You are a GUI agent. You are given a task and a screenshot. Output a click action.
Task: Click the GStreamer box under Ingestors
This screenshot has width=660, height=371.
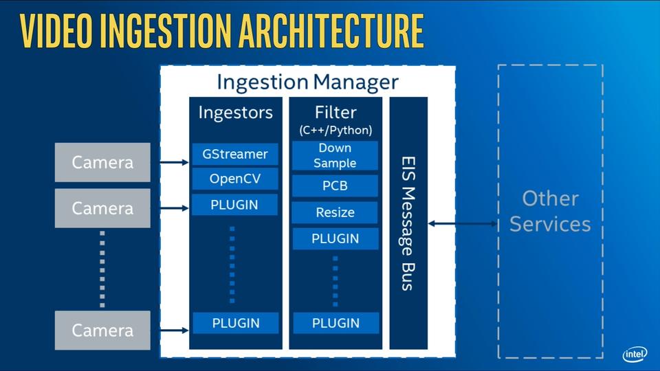[x=234, y=154]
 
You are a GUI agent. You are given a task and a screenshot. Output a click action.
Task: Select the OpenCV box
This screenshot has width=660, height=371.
[x=234, y=179]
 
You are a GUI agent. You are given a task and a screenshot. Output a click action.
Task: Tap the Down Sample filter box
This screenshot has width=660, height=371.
[x=335, y=156]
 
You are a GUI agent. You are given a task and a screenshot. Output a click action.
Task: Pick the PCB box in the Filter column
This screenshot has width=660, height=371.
[x=335, y=186]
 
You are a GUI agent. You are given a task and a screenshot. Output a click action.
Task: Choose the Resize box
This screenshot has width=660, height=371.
[x=335, y=212]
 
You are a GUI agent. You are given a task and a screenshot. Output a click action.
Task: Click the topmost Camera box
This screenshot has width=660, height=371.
[x=102, y=163]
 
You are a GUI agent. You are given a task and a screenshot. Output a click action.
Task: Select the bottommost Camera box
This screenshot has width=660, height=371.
[x=102, y=330]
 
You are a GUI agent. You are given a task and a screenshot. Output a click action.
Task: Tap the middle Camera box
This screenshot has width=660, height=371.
[x=102, y=208]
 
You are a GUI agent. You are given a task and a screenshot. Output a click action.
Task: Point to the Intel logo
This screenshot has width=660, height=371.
[x=634, y=354]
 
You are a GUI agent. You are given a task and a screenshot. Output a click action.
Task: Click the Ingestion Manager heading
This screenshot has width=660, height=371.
[x=307, y=82]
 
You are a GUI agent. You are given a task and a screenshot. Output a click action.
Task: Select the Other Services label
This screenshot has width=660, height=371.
[x=550, y=211]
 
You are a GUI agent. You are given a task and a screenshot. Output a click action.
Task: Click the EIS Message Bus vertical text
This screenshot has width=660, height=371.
[x=408, y=223]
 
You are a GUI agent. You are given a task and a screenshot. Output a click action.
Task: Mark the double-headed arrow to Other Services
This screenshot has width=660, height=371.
[x=462, y=223]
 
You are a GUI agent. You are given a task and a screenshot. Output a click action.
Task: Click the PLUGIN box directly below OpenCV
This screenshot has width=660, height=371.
[x=234, y=205]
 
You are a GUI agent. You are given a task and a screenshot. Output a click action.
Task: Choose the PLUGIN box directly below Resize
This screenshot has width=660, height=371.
[x=335, y=238]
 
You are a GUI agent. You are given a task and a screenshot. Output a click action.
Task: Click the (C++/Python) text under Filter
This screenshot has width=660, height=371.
[x=335, y=130]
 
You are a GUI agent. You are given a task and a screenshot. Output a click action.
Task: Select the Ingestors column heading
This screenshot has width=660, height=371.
[x=235, y=112]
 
